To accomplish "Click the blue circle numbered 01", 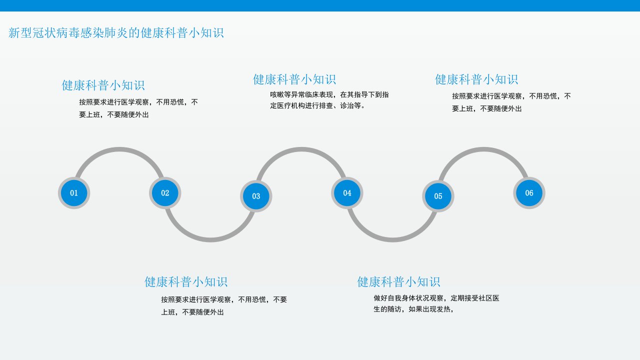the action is [74, 193].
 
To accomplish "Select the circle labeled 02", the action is [165, 193].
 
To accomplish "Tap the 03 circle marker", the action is [256, 196].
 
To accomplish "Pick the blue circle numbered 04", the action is [347, 193].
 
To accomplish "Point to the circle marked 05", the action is [438, 196].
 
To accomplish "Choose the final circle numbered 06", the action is [529, 193].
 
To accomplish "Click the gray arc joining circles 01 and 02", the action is [119, 149].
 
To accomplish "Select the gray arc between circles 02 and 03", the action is [210, 240].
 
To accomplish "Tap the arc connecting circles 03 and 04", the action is [301, 149].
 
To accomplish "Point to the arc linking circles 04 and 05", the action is [392, 240].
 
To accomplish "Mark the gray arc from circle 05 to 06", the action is [483, 149].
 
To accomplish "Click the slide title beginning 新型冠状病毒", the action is [116, 33].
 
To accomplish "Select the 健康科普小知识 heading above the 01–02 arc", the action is [103, 85].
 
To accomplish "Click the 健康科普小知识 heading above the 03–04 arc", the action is [294, 79].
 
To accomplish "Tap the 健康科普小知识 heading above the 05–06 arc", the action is [476, 79].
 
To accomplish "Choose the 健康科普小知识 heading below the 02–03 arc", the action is [186, 282].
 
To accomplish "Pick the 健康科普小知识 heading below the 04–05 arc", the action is [398, 282].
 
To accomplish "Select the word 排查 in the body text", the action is [326, 105].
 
